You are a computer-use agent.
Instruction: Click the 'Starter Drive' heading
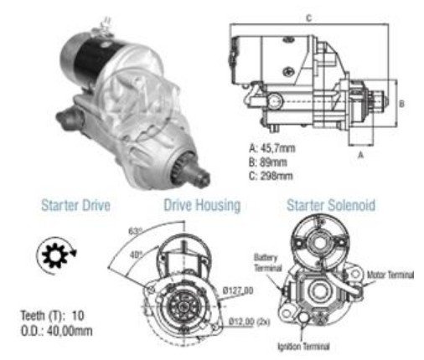(75, 205)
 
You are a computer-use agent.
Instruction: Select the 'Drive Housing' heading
(202, 205)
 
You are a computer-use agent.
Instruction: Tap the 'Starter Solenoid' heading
(331, 205)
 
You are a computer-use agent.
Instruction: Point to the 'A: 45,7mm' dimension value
(272, 148)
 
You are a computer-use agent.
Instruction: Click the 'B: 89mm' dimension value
(268, 162)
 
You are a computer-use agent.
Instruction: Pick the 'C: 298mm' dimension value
(271, 176)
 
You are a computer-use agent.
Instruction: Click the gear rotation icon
(57, 255)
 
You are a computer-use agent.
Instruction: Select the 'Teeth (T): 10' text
(53, 316)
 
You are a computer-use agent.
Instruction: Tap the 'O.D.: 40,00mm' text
(57, 331)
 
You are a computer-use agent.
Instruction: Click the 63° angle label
(136, 231)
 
